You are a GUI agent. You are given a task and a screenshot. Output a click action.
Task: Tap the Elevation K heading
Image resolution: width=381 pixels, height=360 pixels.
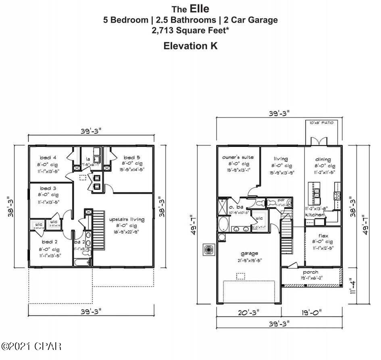pyautogui.click(x=190, y=46)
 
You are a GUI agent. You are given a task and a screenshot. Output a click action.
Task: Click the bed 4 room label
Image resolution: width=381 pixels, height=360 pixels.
pyautogui.click(x=48, y=157)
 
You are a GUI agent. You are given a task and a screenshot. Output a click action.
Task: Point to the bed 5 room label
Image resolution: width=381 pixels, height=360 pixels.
pyautogui.click(x=132, y=157)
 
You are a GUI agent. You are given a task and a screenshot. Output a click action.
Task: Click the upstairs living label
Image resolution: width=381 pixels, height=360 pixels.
pyautogui.click(x=127, y=219)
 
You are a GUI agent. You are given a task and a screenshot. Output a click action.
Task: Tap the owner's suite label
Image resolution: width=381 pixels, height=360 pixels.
pyautogui.click(x=238, y=157)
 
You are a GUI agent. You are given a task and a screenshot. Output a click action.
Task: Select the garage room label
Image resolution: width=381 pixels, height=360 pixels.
pyautogui.click(x=250, y=253)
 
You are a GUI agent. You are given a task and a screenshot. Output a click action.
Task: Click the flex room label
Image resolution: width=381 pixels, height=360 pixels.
pyautogui.click(x=323, y=235)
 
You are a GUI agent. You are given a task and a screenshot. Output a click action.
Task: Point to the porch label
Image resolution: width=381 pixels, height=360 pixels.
pyautogui.click(x=310, y=272)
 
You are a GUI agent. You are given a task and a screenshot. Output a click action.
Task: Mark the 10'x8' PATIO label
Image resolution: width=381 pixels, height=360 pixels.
pyautogui.click(x=321, y=123)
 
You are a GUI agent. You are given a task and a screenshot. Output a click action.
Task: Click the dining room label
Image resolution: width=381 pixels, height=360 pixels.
pyautogui.click(x=323, y=159)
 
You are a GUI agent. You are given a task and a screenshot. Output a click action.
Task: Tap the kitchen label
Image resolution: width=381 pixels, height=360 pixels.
pyautogui.click(x=315, y=215)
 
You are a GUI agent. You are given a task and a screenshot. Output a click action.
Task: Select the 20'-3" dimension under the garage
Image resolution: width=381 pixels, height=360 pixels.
pyautogui.click(x=249, y=312)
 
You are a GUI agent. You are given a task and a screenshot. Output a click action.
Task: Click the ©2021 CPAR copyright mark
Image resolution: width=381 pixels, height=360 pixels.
pyautogui.click(x=31, y=346)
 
